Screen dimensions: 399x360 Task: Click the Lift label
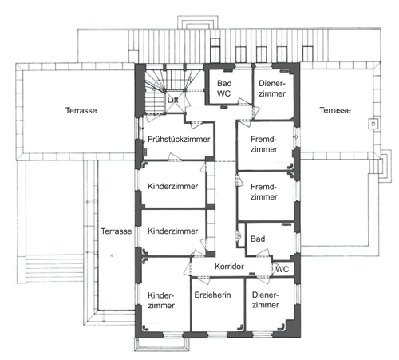pyautogui.click(x=173, y=100)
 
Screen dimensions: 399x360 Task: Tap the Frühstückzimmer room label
pyautogui.click(x=179, y=139)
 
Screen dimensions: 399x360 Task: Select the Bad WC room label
pyautogui.click(x=224, y=89)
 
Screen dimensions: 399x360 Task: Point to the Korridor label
pyautogui.click(x=229, y=267)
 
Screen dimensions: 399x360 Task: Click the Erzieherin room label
pyautogui.click(x=212, y=295)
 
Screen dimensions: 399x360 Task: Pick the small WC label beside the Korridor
pyautogui.click(x=282, y=269)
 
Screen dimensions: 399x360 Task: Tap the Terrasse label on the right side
pyautogui.click(x=335, y=110)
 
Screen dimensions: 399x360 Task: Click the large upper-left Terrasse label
pyautogui.click(x=81, y=110)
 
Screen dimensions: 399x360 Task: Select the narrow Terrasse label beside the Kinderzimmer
pyautogui.click(x=117, y=231)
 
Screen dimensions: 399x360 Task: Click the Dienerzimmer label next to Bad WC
pyautogui.click(x=272, y=89)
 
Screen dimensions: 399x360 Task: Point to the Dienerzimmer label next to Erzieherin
pyautogui.click(x=266, y=300)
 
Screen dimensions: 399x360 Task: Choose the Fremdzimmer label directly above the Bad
pyautogui.click(x=263, y=192)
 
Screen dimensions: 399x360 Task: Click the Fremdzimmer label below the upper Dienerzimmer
pyautogui.click(x=263, y=144)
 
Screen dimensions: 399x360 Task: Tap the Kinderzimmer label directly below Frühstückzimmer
pyautogui.click(x=172, y=186)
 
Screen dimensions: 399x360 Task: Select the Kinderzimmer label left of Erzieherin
pyautogui.click(x=161, y=300)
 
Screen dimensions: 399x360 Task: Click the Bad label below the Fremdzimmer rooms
pyautogui.click(x=258, y=239)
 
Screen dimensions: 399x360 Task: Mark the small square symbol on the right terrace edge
pyautogui.click(x=373, y=124)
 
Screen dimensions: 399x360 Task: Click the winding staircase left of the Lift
pyautogui.click(x=154, y=90)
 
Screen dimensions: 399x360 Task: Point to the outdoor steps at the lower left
pyautogui.click(x=55, y=268)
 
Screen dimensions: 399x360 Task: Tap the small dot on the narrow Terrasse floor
pyautogui.click(x=112, y=255)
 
